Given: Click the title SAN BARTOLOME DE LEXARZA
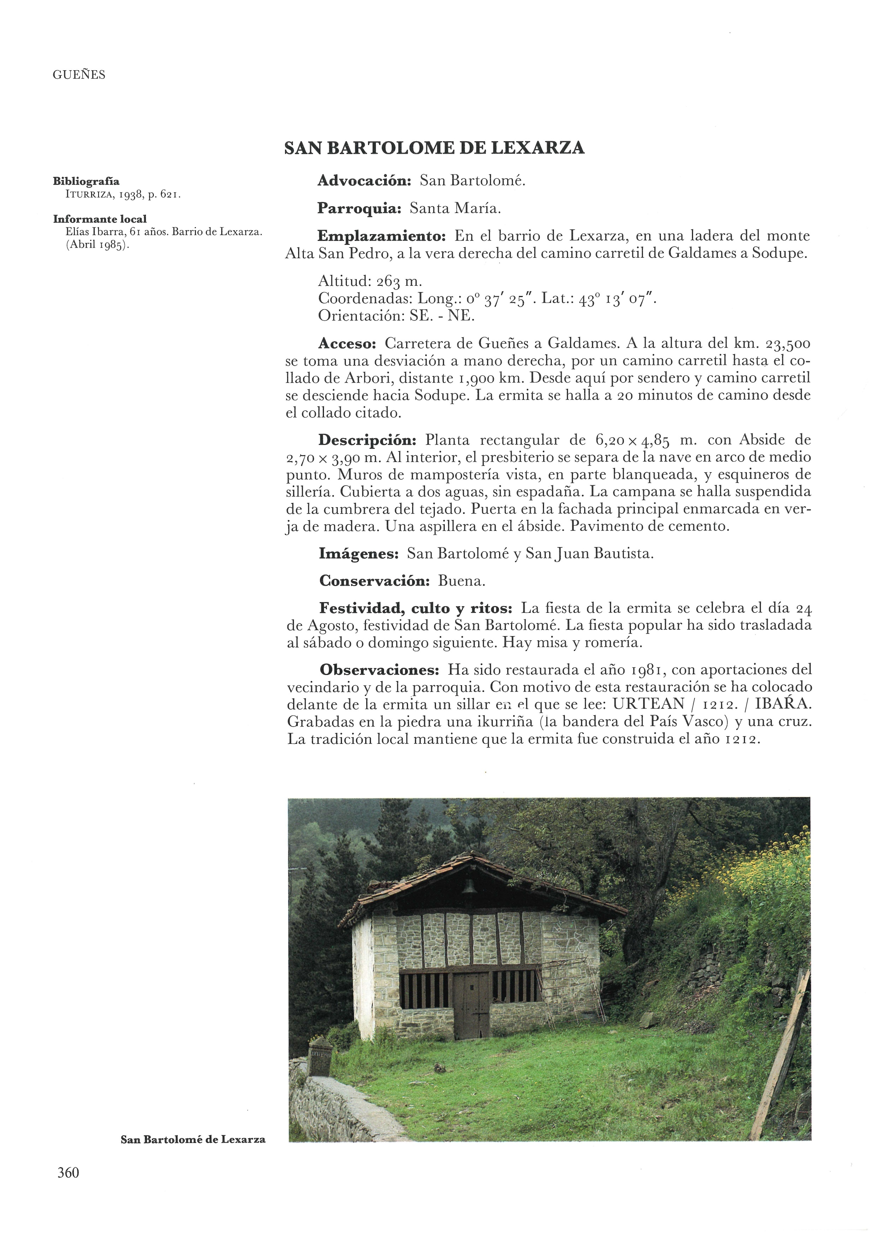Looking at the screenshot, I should pyautogui.click(x=434, y=148).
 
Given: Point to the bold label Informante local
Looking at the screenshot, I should pyautogui.click(x=100, y=219).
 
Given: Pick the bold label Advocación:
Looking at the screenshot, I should pyautogui.click(x=364, y=181).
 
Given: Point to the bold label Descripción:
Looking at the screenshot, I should pyautogui.click(x=368, y=440).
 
